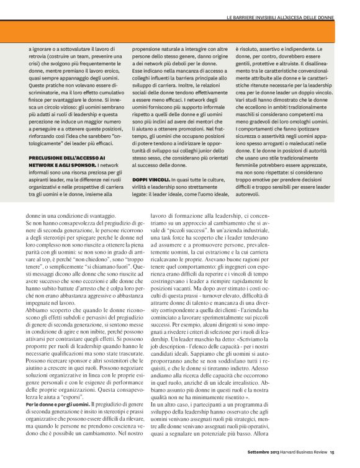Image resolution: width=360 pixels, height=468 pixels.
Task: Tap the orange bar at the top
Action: point(180,31)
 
